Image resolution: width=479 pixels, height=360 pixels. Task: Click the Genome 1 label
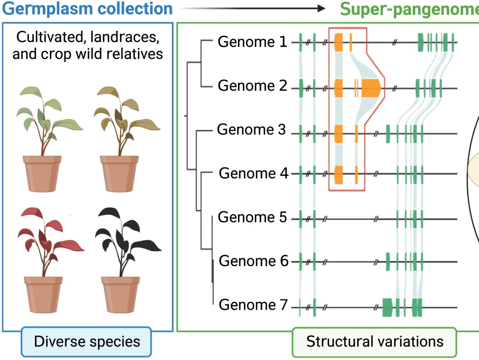tap(252, 42)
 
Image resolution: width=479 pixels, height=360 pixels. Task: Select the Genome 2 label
tap(252, 86)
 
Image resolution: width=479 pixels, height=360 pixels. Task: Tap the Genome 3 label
tap(251, 130)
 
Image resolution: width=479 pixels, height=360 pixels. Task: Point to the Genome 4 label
tap(253, 173)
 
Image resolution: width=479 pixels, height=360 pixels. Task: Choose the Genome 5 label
tap(252, 217)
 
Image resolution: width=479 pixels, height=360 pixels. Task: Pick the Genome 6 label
tap(253, 261)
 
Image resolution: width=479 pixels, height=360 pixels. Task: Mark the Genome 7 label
tap(253, 305)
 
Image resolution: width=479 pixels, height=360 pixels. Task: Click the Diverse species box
tap(87, 341)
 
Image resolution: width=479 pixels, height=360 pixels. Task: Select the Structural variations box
tap(375, 342)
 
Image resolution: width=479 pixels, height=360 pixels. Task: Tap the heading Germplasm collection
tap(87, 9)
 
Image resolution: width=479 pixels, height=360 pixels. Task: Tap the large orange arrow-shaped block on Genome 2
tap(371, 88)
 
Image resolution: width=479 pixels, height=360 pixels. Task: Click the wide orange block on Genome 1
tap(338, 42)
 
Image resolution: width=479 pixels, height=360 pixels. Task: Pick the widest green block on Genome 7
tap(388, 307)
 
